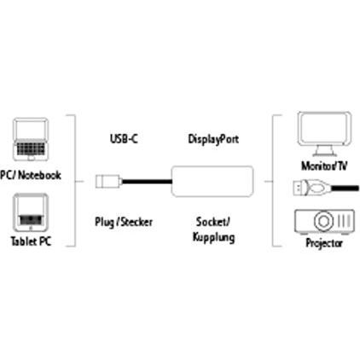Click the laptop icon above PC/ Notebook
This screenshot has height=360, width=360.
coord(31,139)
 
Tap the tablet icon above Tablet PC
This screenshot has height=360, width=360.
coord(31,212)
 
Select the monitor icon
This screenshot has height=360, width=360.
coord(324,134)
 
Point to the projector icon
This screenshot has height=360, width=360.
coord(324,222)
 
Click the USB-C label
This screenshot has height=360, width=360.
coord(124,139)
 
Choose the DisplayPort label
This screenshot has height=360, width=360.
coord(213,139)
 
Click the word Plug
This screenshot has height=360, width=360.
coord(104,222)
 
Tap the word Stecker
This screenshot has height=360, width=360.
coord(136,222)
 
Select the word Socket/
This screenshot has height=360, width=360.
coord(213,222)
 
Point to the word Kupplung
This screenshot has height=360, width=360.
coord(213,237)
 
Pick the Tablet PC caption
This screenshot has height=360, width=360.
coord(31,241)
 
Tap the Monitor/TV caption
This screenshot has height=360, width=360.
coord(324,165)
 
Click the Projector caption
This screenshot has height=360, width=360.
coord(324,243)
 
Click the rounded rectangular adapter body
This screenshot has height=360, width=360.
coord(212,182)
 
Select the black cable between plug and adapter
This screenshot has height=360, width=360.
coord(147,182)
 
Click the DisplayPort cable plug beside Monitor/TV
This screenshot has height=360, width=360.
coord(311,188)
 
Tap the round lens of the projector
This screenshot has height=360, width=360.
coord(323,221)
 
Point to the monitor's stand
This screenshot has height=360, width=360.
coord(324,150)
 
